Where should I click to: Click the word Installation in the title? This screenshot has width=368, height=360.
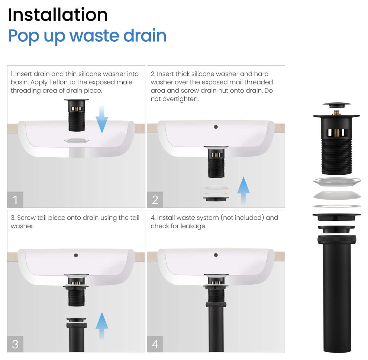58,15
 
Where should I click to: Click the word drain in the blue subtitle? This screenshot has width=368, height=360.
145,36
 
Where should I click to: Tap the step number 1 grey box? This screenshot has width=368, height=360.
15,200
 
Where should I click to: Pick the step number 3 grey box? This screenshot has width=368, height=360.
15,344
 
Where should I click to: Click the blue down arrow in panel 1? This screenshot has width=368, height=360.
102,119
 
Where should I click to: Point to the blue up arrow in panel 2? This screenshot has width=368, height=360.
243,190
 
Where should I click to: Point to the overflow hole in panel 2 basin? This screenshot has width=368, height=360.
216,127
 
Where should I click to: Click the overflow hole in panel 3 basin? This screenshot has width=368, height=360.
76,255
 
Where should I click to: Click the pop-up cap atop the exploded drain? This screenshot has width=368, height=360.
336,105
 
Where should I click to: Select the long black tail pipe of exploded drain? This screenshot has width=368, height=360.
337,298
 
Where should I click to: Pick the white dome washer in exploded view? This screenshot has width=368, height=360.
336,195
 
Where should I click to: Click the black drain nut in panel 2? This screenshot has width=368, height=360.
216,199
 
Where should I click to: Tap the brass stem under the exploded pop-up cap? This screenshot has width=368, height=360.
337,112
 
